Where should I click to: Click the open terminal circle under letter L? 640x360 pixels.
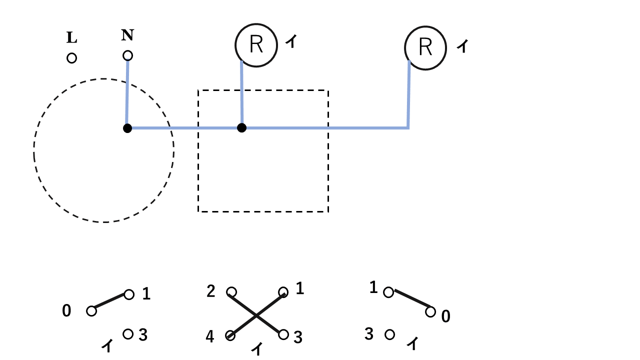[x=71, y=58]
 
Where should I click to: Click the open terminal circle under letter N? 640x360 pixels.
[x=127, y=55]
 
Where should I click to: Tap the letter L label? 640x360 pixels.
[x=71, y=38]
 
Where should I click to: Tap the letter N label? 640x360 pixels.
[x=127, y=35]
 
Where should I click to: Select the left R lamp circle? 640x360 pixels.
[x=256, y=45]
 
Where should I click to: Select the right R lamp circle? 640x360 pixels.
[x=425, y=47]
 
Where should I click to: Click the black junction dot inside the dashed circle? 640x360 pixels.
[x=127, y=128]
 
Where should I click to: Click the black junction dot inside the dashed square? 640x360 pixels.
[x=242, y=127]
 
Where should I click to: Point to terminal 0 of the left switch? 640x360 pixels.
[x=91, y=311]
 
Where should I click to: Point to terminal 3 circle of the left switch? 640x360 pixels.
[x=128, y=334]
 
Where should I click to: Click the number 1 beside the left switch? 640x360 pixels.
[x=146, y=294]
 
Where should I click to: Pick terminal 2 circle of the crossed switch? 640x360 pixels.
[x=231, y=292]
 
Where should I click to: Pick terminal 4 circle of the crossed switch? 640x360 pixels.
[x=230, y=335]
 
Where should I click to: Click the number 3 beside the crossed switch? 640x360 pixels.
[x=297, y=338]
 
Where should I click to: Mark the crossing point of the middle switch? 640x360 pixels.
[x=256, y=315]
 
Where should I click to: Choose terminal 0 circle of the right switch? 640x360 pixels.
[x=430, y=312]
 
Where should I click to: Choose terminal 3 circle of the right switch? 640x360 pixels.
[x=390, y=334]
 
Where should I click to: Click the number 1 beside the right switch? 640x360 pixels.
[x=373, y=287]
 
